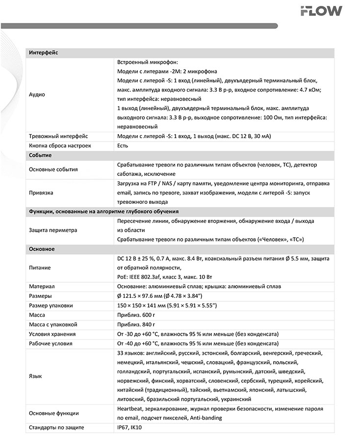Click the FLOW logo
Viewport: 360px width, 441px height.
[x=321, y=11]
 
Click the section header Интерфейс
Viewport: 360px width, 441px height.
[x=44, y=52]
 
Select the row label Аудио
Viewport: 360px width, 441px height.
[x=37, y=95]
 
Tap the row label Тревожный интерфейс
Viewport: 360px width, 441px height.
[x=59, y=136]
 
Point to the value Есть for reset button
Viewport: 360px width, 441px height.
[x=123, y=146]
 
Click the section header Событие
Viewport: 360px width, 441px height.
[x=40, y=155]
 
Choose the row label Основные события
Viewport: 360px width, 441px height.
[x=53, y=170]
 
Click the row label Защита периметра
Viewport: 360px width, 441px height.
[x=53, y=230]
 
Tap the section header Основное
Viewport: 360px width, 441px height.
[x=42, y=249]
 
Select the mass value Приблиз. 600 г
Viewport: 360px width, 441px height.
[x=136, y=315]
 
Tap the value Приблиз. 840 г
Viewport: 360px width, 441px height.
[x=136, y=324]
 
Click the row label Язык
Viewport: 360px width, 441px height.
[x=35, y=376]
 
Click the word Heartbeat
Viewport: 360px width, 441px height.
[x=130, y=409]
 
